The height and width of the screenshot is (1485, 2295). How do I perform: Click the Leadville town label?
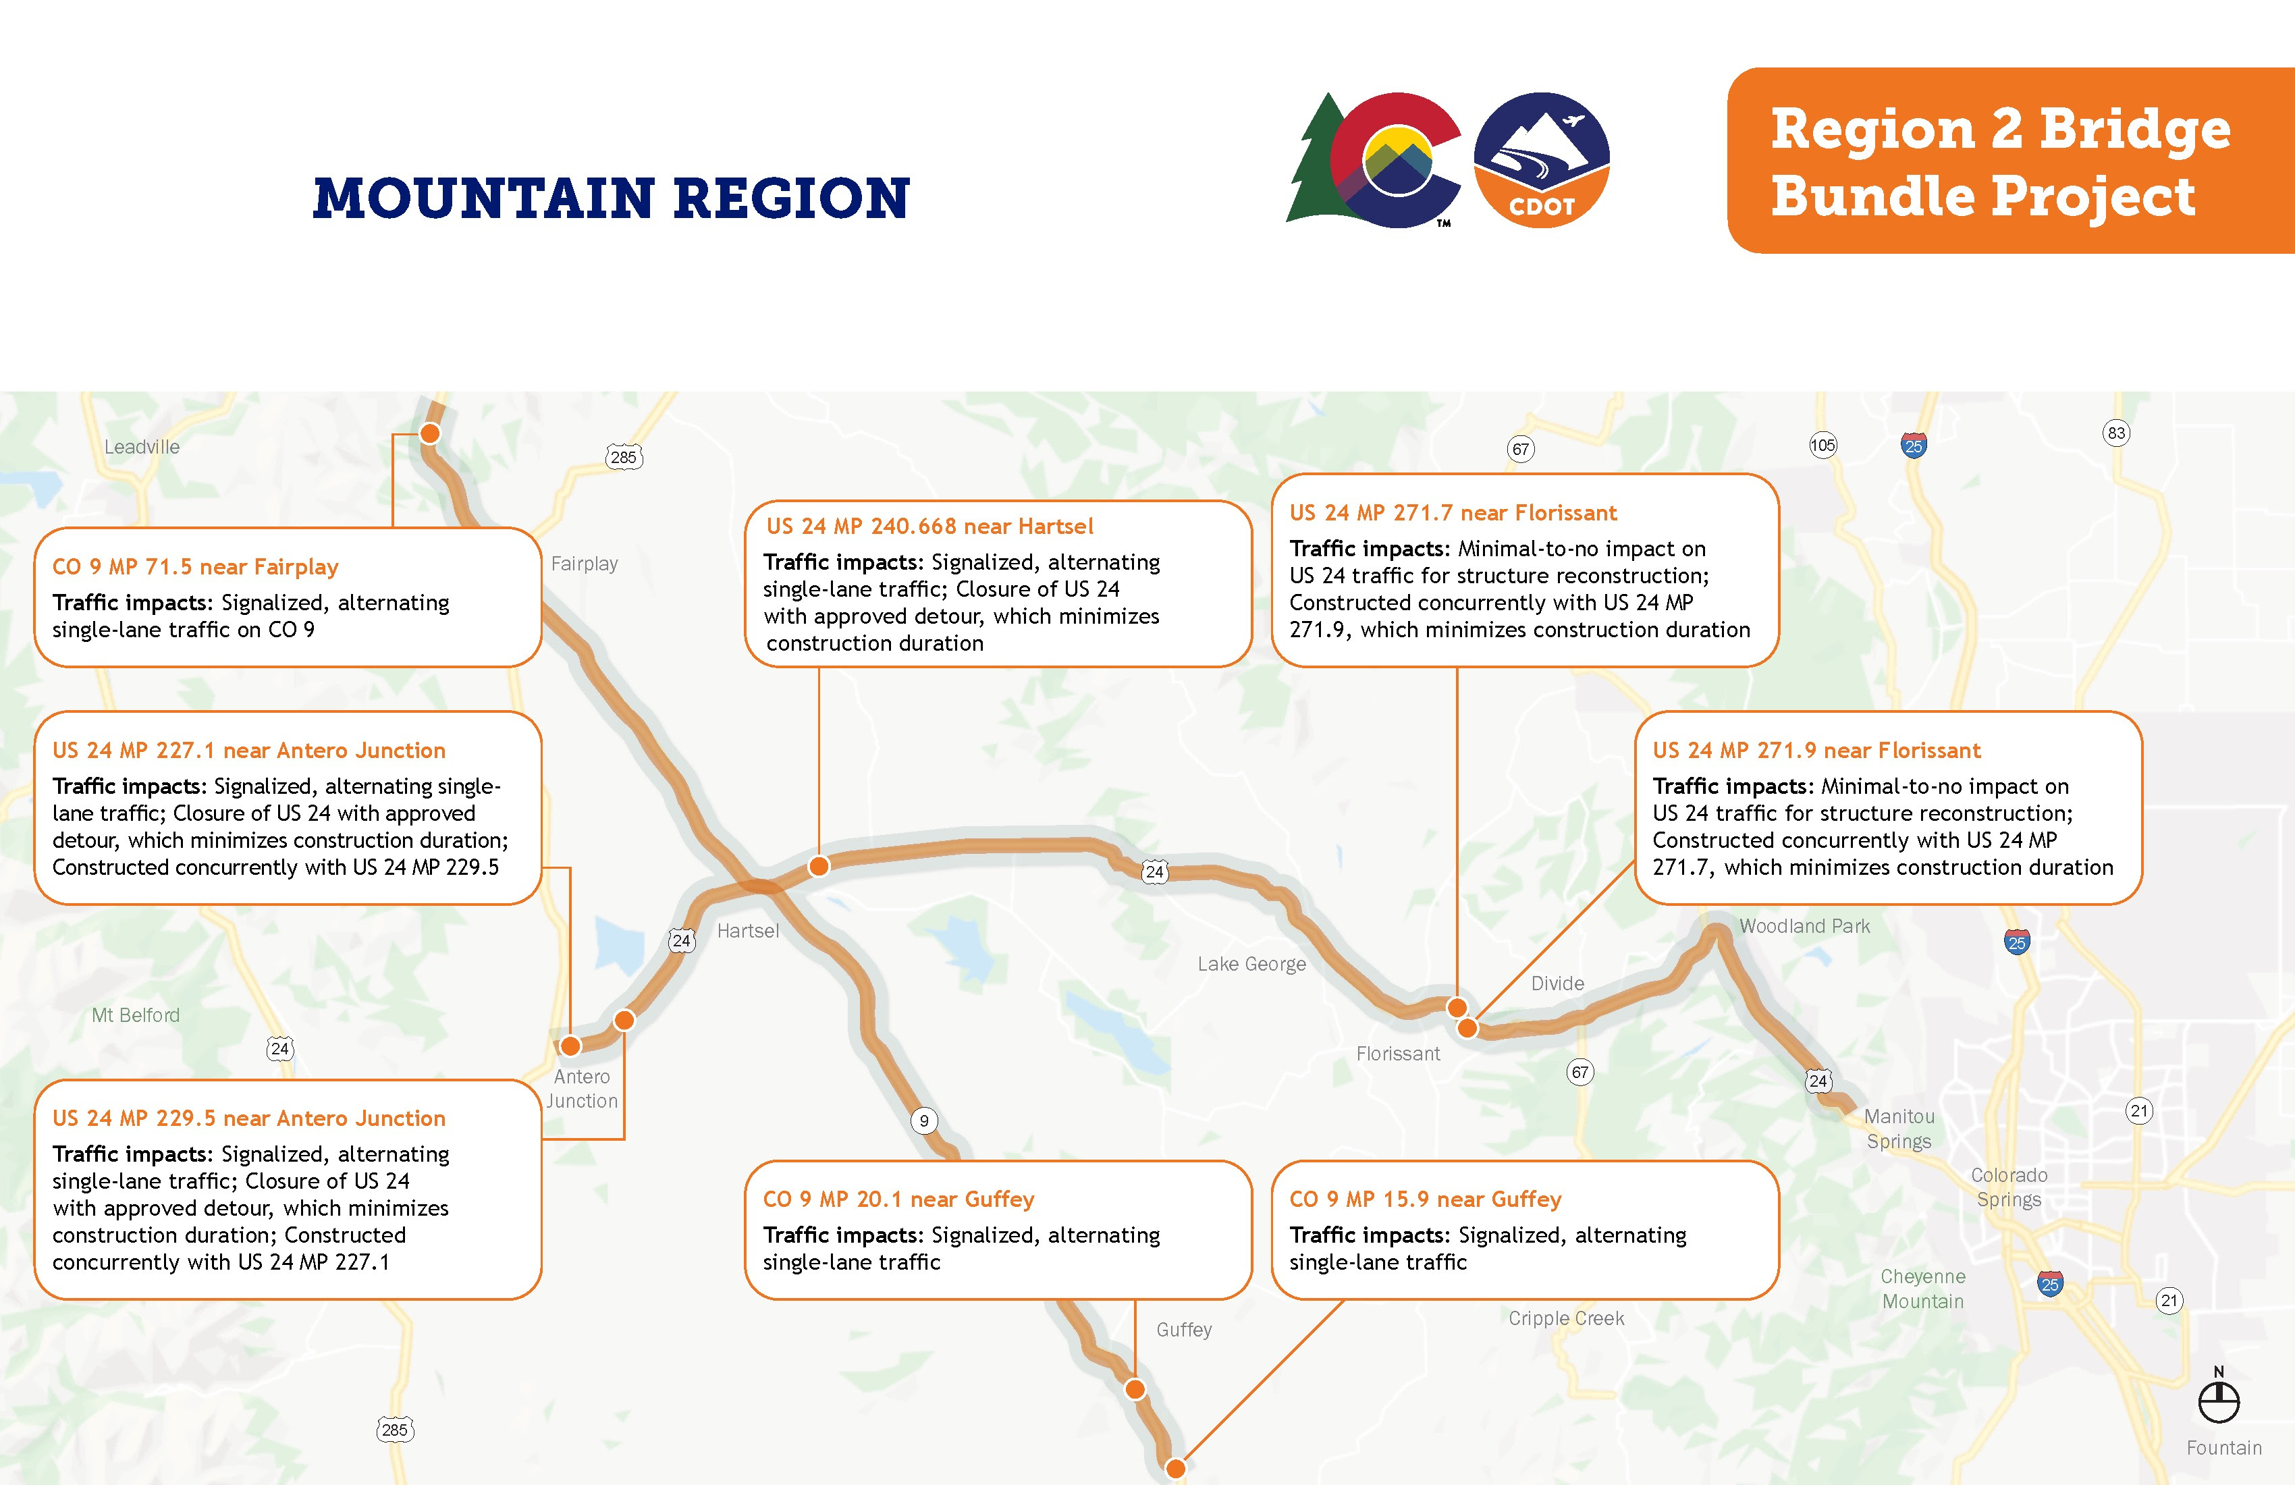[x=142, y=446]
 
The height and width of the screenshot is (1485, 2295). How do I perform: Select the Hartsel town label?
[x=747, y=931]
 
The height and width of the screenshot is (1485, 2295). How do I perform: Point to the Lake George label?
[x=1251, y=965]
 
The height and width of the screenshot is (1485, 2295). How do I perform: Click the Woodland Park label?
[x=1804, y=925]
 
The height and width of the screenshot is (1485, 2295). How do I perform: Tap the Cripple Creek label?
[x=1566, y=1318]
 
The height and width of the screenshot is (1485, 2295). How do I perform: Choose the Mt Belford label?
[x=136, y=1015]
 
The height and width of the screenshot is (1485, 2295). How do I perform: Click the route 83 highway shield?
[x=2115, y=433]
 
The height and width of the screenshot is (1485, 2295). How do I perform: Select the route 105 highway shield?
[x=1823, y=445]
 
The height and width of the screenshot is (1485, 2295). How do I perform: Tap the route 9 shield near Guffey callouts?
[x=924, y=1120]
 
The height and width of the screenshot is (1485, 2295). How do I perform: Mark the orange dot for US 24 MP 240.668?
[x=819, y=866]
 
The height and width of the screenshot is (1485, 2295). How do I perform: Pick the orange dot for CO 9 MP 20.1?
[x=1135, y=1390]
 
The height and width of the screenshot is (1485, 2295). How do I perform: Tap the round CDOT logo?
[x=1541, y=160]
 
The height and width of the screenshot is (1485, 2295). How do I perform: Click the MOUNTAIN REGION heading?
[x=612, y=198]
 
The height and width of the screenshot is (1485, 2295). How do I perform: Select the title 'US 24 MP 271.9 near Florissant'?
[x=1816, y=750]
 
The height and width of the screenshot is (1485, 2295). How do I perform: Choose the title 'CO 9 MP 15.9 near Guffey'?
[x=1425, y=1199]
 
